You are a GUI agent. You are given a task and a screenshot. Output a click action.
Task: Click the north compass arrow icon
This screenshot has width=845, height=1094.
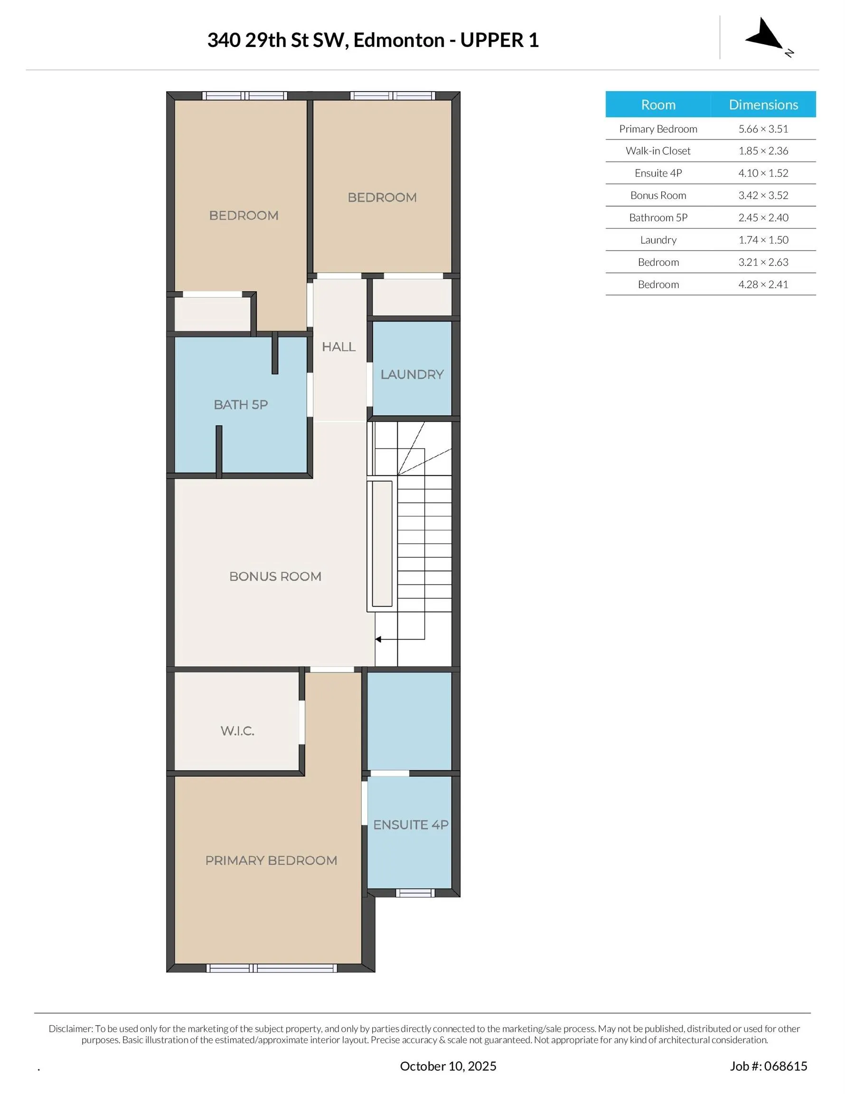(765, 35)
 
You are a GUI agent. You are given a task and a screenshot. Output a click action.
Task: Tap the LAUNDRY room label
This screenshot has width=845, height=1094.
(412, 375)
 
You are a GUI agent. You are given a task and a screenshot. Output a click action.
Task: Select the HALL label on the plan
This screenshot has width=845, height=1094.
(338, 347)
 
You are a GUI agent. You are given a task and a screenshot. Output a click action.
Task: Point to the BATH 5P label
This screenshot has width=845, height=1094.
(240, 405)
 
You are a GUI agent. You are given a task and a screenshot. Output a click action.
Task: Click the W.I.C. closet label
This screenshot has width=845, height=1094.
(237, 731)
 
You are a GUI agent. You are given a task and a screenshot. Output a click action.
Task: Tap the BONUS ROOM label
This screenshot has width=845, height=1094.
(275, 576)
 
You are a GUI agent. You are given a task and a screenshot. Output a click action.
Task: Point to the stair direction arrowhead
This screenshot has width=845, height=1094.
(378, 639)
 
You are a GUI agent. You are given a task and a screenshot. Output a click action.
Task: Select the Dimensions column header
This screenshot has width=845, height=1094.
(763, 104)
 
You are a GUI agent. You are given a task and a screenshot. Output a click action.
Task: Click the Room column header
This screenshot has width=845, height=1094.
(658, 104)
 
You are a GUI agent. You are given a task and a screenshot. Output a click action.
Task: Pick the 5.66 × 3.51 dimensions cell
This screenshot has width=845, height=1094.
(763, 129)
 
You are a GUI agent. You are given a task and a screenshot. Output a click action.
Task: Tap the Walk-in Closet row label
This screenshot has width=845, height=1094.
(658, 151)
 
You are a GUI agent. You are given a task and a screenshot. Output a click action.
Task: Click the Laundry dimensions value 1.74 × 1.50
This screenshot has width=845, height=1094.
(763, 240)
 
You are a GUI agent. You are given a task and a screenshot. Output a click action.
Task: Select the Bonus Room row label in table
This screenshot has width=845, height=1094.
(658, 195)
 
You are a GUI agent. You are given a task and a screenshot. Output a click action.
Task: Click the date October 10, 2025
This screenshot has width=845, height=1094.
(448, 1066)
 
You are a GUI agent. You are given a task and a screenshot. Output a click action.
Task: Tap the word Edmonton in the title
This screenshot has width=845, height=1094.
(399, 40)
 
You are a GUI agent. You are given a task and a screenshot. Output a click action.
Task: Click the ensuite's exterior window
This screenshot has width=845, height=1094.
(415, 893)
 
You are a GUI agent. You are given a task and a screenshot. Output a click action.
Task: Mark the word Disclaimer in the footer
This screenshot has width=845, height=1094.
(71, 1029)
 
